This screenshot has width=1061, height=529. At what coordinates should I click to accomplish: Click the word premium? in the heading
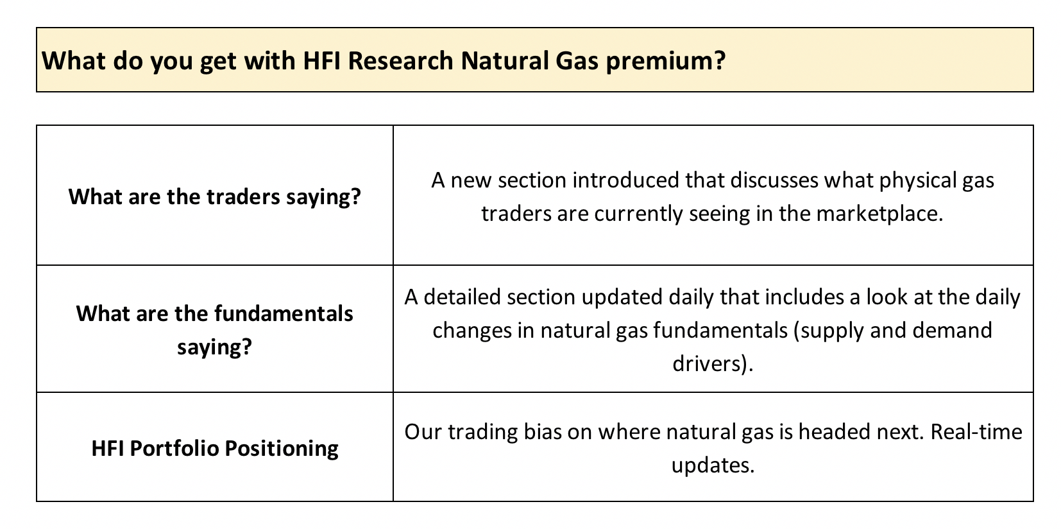tap(665, 62)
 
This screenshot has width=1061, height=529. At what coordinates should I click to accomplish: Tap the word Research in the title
tap(401, 61)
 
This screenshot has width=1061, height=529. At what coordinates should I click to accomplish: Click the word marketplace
tap(879, 214)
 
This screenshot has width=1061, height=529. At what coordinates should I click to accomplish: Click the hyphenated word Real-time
tap(976, 432)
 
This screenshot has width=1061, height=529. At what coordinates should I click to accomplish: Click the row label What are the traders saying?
tap(214, 197)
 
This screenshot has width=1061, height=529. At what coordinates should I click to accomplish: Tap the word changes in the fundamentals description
tap(471, 331)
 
